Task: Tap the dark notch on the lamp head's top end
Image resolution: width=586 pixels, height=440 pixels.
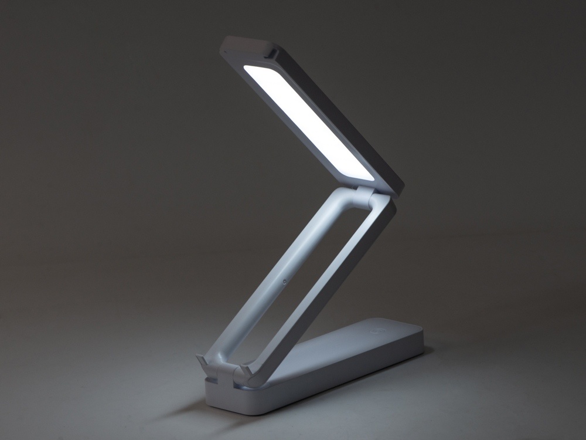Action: (x=271, y=53)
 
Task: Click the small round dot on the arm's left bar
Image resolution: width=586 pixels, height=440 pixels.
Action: (x=284, y=282)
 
